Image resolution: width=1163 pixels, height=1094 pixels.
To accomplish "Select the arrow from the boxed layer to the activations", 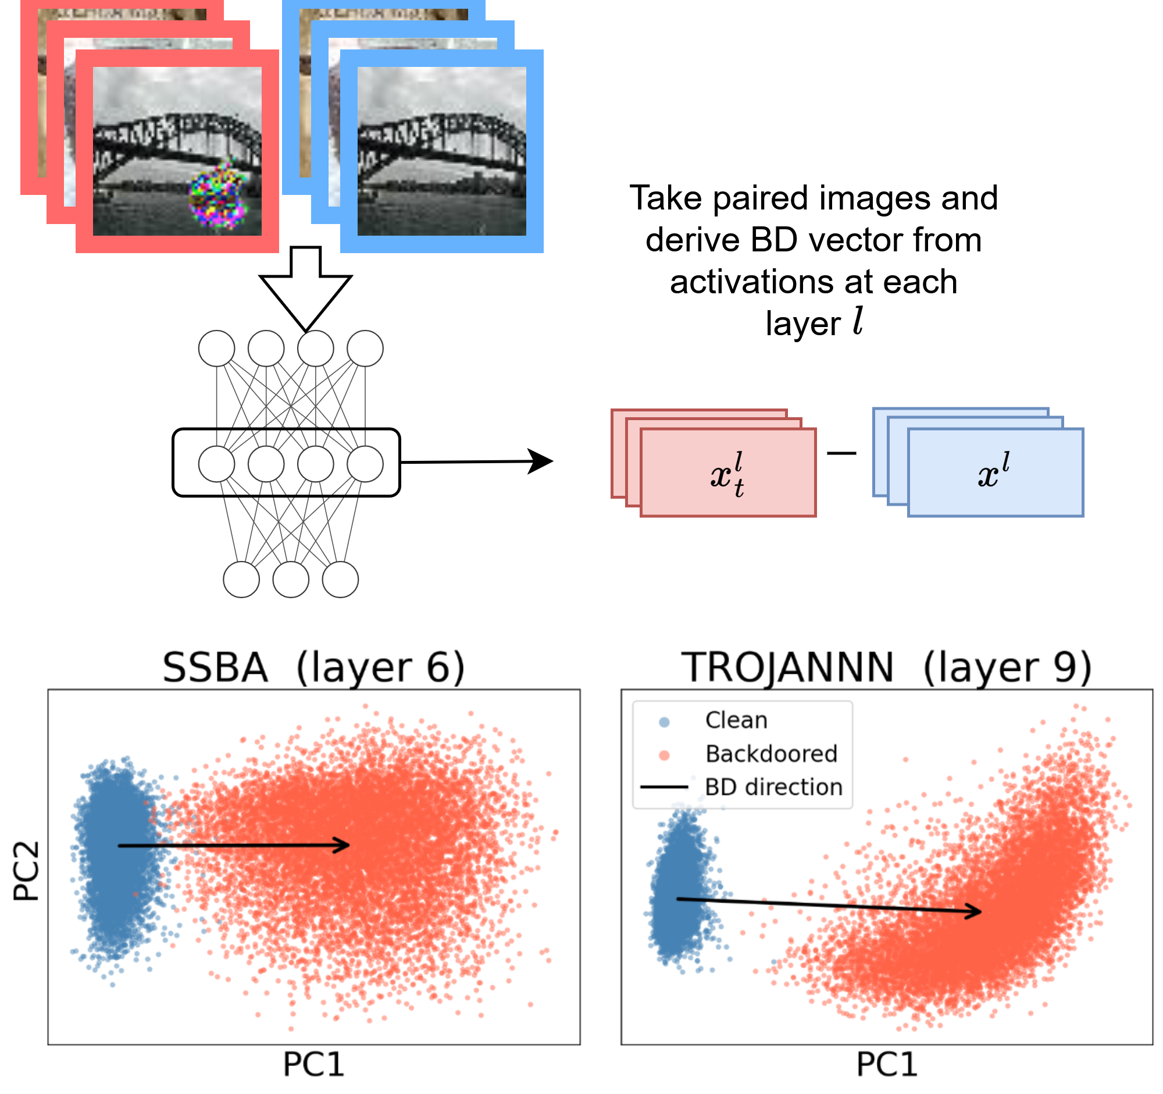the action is point(477,462).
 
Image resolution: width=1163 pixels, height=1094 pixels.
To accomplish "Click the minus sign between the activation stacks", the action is point(842,453).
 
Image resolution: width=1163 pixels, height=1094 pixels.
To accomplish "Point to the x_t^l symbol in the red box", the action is point(727,474).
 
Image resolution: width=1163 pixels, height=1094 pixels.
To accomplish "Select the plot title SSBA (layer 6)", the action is point(313,667).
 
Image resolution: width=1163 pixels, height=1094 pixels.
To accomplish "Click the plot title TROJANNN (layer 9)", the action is point(886,667).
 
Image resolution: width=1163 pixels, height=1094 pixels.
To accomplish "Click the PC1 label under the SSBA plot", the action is point(313,1064).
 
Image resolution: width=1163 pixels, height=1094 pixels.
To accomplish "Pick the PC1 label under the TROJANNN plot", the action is point(887,1064).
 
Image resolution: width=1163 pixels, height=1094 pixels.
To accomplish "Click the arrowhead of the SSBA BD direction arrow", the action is point(342,845).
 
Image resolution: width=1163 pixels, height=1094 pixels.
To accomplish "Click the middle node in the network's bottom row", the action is point(291,580).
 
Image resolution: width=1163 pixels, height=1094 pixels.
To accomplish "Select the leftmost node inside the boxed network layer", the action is point(216,464).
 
